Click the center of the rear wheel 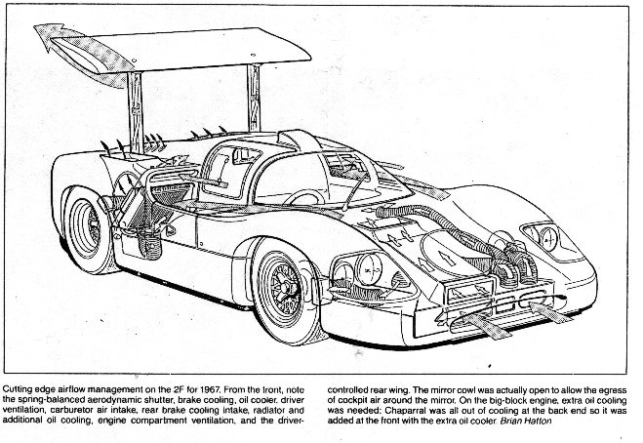pos(88,228)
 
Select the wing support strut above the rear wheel pos(136,113)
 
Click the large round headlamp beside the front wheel pos(368,268)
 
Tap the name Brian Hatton pos(526,421)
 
